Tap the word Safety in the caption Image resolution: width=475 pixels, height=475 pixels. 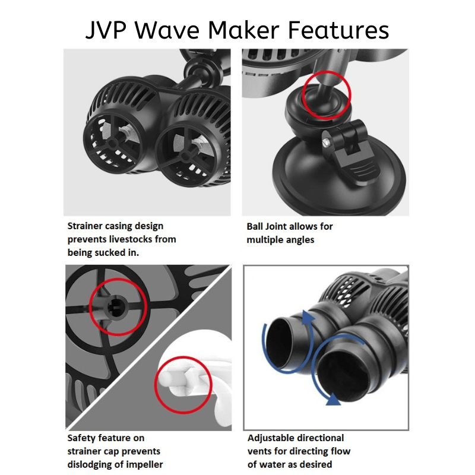click(83, 438)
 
